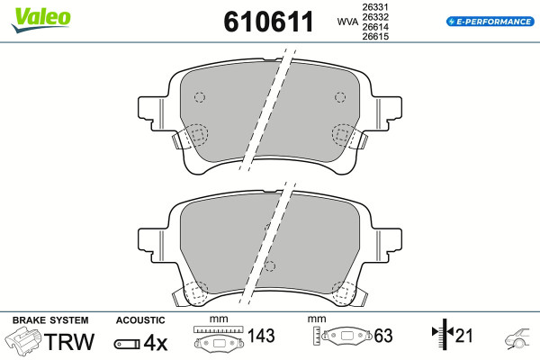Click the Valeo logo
(41, 20)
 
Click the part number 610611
(268, 22)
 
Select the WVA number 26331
(375, 7)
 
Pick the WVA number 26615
(375, 36)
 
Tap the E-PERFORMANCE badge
(490, 22)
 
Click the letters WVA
(347, 22)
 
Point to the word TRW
(69, 341)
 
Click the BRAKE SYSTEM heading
(50, 320)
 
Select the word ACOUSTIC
(140, 320)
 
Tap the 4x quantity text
(156, 343)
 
